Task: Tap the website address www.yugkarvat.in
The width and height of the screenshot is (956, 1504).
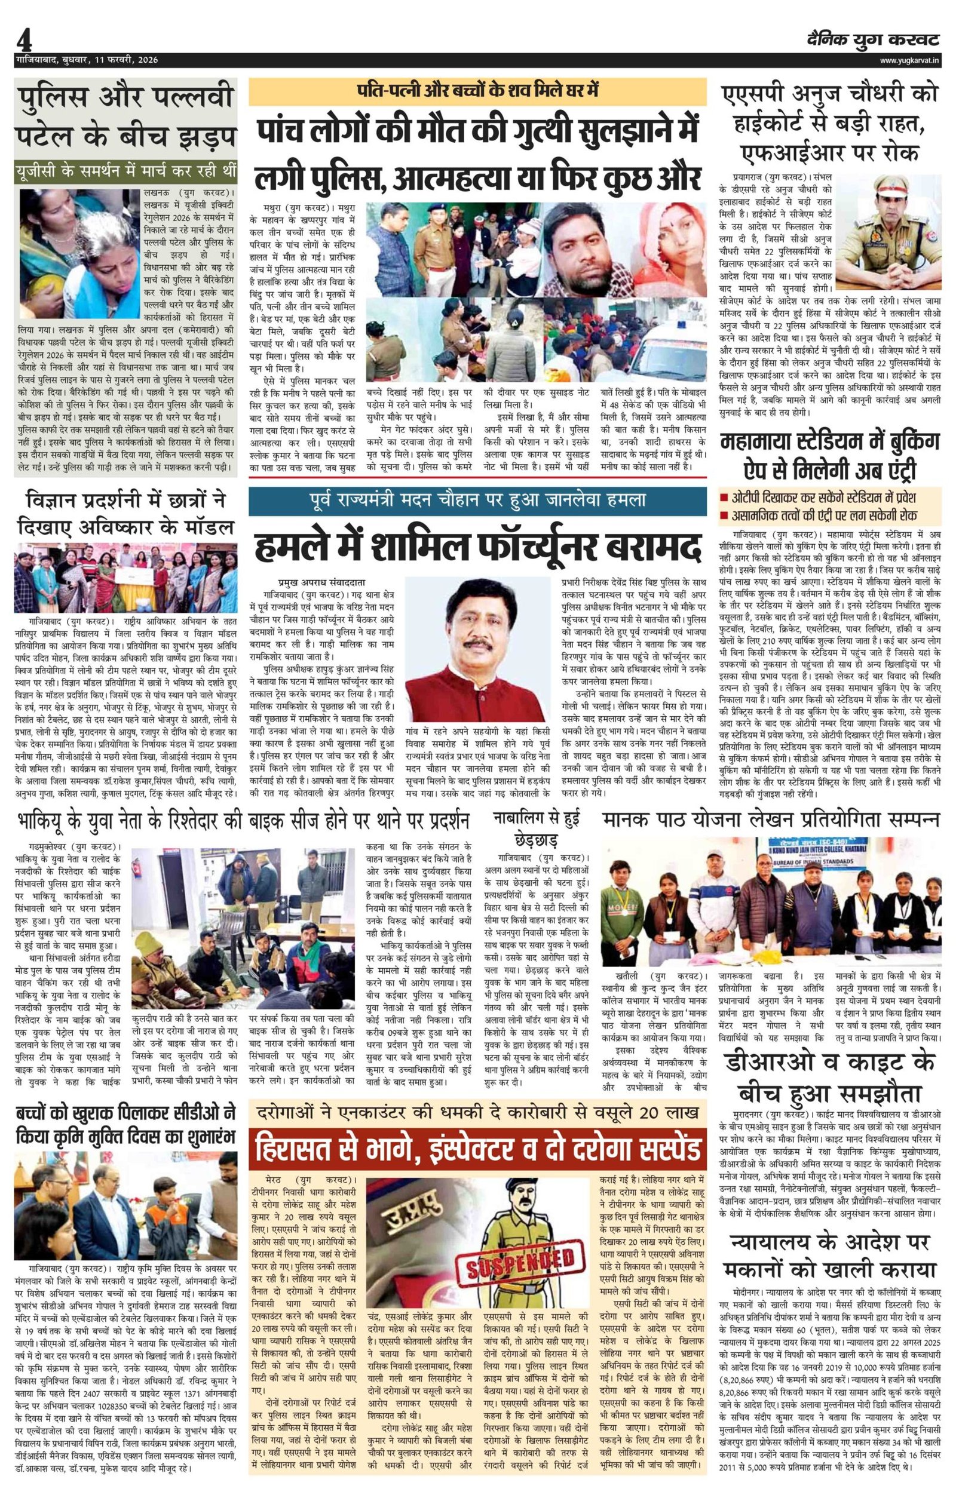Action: pos(909,60)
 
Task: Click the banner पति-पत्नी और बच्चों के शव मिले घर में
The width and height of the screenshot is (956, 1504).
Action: pos(477,91)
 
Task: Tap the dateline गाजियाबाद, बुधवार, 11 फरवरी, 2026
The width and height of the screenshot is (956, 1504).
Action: pos(87,60)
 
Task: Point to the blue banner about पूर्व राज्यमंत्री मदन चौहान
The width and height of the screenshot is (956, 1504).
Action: pos(477,500)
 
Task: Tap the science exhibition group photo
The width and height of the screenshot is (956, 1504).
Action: pos(126,578)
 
